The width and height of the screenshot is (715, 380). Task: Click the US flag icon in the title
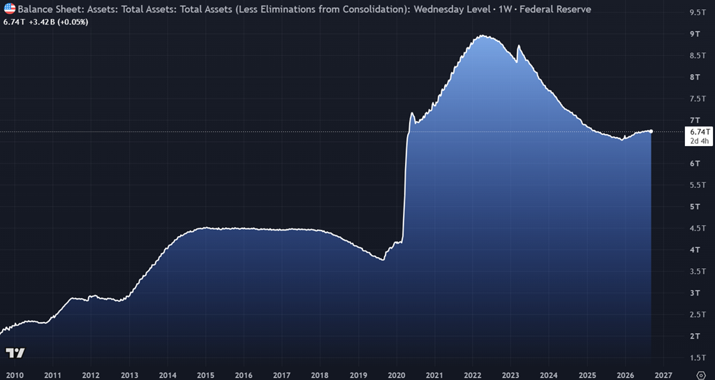(x=10, y=8)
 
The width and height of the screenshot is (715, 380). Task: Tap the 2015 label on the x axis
(x=206, y=375)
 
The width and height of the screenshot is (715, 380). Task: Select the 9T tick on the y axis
(x=695, y=34)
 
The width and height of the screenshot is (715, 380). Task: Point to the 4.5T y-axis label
(x=698, y=228)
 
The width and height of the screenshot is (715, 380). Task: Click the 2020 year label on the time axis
(x=397, y=375)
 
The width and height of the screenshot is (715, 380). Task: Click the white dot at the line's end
(x=651, y=131)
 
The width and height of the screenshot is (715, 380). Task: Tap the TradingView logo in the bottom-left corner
(x=15, y=353)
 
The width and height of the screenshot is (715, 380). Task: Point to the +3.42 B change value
(x=41, y=22)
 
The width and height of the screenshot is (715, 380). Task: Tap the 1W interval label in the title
(x=506, y=8)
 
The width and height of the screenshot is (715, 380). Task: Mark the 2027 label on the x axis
(x=663, y=375)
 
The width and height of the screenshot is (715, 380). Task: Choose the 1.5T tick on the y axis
(x=698, y=358)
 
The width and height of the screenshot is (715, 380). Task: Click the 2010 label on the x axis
(x=14, y=375)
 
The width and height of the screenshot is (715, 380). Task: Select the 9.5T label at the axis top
(x=698, y=13)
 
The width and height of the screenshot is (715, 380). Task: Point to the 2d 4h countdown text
(x=700, y=141)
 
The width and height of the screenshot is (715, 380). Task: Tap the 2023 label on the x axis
(x=510, y=375)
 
